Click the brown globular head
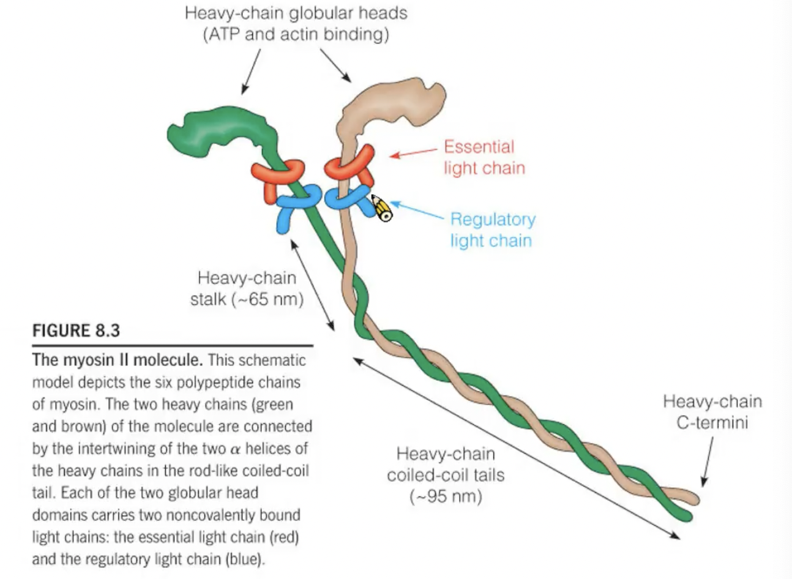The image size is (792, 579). point(392,104)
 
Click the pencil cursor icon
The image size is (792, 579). point(381,207)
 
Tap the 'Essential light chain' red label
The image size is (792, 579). point(484,157)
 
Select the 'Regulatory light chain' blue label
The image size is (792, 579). point(492,230)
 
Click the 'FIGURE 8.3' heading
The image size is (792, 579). point(76,331)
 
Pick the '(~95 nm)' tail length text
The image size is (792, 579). point(446,496)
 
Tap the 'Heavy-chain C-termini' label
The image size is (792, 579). point(712,412)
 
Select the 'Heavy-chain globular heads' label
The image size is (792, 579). point(296,12)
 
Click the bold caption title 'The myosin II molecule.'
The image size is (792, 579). point(118,360)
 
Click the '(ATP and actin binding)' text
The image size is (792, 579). point(296,34)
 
